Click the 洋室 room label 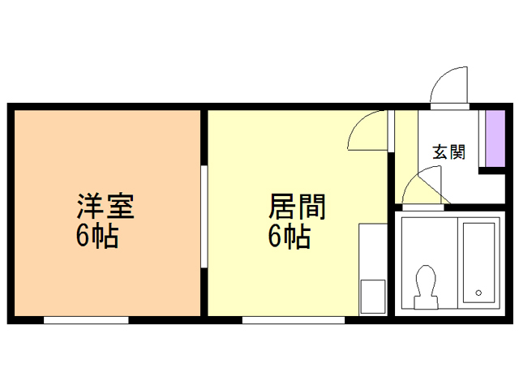(105, 206)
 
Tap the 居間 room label (297, 207)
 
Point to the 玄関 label (449, 152)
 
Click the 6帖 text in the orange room (97, 236)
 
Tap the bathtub (478, 263)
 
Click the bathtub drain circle (478, 293)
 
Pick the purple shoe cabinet (495, 139)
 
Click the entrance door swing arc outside (443, 75)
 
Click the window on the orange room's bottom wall (86, 320)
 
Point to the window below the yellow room (294, 320)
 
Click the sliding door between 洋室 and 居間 (204, 216)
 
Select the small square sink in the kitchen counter (373, 297)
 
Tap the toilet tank (427, 302)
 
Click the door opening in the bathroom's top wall (422, 207)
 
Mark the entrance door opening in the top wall (449, 106)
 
